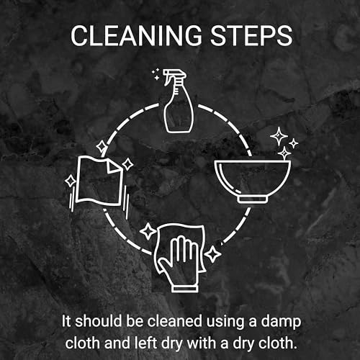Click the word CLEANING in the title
click(x=136, y=35)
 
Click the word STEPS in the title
click(x=251, y=35)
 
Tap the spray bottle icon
click(x=178, y=101)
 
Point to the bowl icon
click(x=253, y=181)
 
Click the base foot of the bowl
click(x=253, y=199)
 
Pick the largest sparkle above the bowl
click(x=279, y=136)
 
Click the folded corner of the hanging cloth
click(x=113, y=166)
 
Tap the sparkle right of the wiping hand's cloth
click(x=212, y=253)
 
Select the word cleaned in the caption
click(x=174, y=321)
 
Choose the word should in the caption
click(x=98, y=321)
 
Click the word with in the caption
click(x=202, y=343)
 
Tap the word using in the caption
click(x=225, y=322)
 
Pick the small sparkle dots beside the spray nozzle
click(x=156, y=74)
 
